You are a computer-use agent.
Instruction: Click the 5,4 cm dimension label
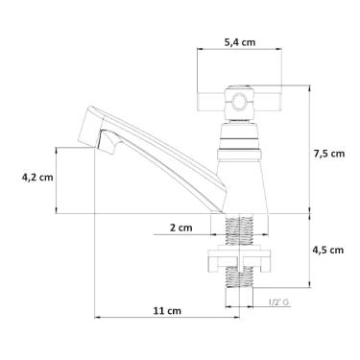(x=240, y=42)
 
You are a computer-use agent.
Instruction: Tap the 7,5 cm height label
(x=329, y=154)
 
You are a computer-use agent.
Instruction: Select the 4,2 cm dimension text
(x=37, y=177)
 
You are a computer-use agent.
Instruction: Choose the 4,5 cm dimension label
(x=327, y=250)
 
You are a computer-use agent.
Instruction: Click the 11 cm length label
(x=167, y=310)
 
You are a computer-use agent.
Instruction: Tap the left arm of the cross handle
(x=211, y=102)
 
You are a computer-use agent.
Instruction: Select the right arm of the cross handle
(x=268, y=102)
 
